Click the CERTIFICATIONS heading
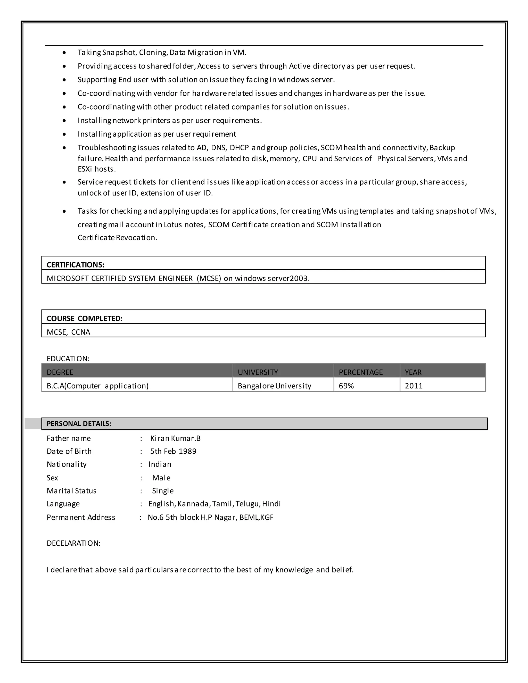click(75, 265)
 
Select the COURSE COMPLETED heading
click(85, 318)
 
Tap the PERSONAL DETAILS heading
click(79, 423)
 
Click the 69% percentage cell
click(346, 386)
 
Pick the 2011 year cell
click(414, 386)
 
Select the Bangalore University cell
click(274, 386)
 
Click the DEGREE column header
click(60, 372)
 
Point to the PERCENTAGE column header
click(361, 372)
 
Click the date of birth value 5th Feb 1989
click(173, 451)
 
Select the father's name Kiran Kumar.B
click(175, 438)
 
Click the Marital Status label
click(72, 491)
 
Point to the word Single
click(163, 491)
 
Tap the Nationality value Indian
click(160, 464)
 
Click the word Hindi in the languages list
click(271, 504)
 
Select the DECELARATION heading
click(73, 543)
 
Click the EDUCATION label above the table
click(68, 359)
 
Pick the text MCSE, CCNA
click(68, 332)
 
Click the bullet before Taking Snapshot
click(64, 53)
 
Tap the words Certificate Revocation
click(117, 238)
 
